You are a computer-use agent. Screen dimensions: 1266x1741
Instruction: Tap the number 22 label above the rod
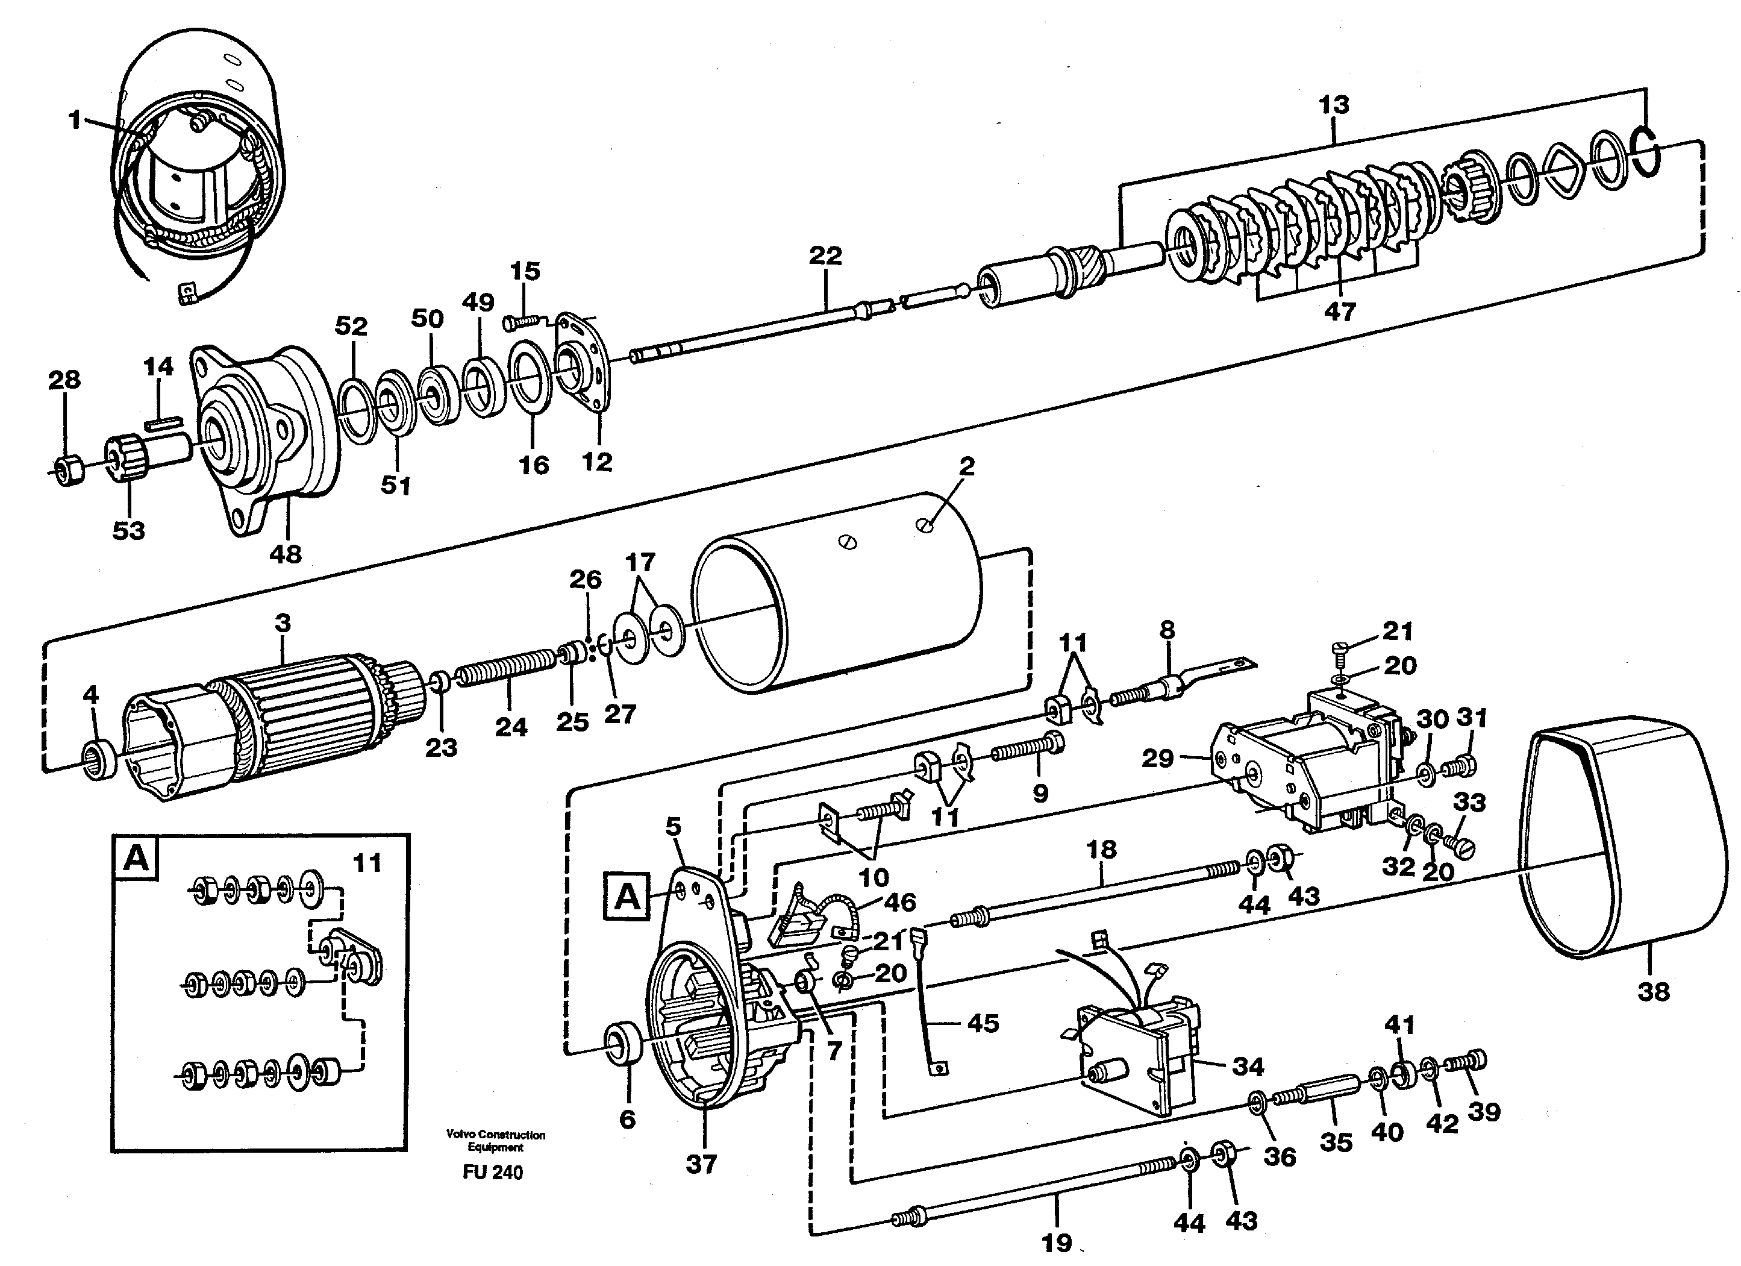pyautogui.click(x=825, y=255)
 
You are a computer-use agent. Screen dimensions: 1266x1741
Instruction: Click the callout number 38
pyautogui.click(x=1654, y=991)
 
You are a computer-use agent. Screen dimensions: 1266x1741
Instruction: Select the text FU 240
pyautogui.click(x=493, y=1173)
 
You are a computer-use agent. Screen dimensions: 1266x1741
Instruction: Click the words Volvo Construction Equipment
pyautogui.click(x=495, y=1141)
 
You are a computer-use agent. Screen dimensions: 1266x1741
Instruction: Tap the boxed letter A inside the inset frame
pyautogui.click(x=136, y=857)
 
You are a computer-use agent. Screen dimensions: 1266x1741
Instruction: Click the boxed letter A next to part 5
pyautogui.click(x=627, y=895)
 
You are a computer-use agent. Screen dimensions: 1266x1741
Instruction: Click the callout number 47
pyautogui.click(x=1340, y=311)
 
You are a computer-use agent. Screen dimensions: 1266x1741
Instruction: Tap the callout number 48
pyautogui.click(x=286, y=554)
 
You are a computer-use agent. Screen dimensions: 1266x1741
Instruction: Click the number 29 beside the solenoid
pyautogui.click(x=1158, y=759)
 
